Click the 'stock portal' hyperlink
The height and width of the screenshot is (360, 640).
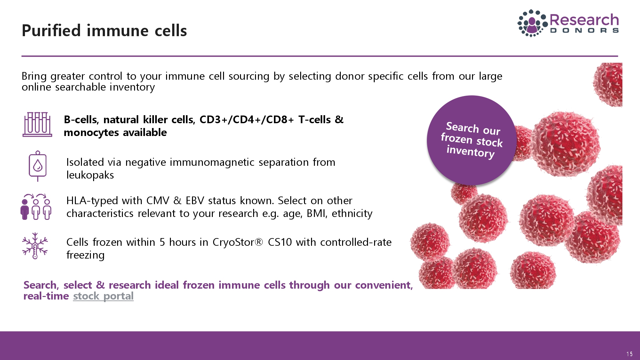coord(103,296)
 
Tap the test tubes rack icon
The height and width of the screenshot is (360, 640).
coord(37,124)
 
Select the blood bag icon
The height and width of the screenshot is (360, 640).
coord(38,166)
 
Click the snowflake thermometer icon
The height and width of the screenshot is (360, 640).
coord(35,246)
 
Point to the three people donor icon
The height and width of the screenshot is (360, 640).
coord(36,207)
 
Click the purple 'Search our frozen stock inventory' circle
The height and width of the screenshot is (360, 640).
coord(472,140)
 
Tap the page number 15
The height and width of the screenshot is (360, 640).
coord(629,354)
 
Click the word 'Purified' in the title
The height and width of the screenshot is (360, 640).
coord(51,31)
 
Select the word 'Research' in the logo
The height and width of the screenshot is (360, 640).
coord(584,20)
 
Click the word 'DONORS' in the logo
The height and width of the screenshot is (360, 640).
coord(584,31)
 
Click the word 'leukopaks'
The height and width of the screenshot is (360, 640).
coord(90,175)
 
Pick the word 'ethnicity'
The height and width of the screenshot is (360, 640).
coord(352,213)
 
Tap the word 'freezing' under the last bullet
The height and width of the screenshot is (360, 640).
coord(85,255)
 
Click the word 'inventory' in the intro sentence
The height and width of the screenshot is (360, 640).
coord(132,87)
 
